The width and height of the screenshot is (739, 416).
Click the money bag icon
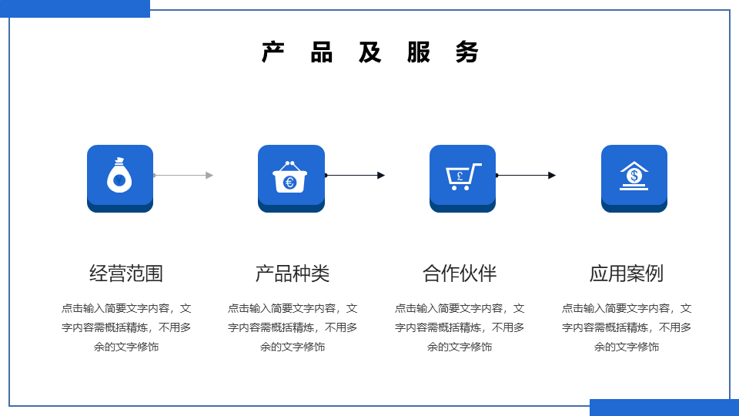pyautogui.click(x=119, y=175)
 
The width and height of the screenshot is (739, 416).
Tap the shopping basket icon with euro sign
pyautogui.click(x=290, y=177)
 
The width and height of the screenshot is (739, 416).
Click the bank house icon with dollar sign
pyautogui.click(x=634, y=176)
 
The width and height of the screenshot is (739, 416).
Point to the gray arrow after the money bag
pyautogui.click(x=183, y=176)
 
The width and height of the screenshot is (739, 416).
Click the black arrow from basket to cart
pyautogui.click(x=354, y=176)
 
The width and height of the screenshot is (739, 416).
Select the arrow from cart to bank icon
pyautogui.click(x=526, y=176)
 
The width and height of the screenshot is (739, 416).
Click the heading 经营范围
pyautogui.click(x=125, y=273)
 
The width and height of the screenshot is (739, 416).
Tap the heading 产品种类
pyautogui.click(x=293, y=273)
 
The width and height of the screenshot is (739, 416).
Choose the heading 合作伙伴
pyautogui.click(x=460, y=273)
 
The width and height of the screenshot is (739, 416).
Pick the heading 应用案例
pyautogui.click(x=627, y=273)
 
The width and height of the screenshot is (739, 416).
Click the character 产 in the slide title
pyautogui.click(x=273, y=52)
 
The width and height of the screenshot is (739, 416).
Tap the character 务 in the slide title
pyautogui.click(x=467, y=52)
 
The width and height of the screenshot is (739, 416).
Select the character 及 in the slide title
pyautogui.click(x=370, y=52)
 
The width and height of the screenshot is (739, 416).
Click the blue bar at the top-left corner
pyautogui.click(x=75, y=8)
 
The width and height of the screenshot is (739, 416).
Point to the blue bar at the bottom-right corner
pyautogui.click(x=664, y=408)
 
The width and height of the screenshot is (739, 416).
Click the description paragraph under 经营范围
pyautogui.click(x=125, y=327)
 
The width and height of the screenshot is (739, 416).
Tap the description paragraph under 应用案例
pyautogui.click(x=627, y=327)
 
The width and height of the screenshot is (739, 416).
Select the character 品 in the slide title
pyautogui.click(x=322, y=52)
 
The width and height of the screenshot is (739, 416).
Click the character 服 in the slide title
pyautogui.click(x=419, y=52)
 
